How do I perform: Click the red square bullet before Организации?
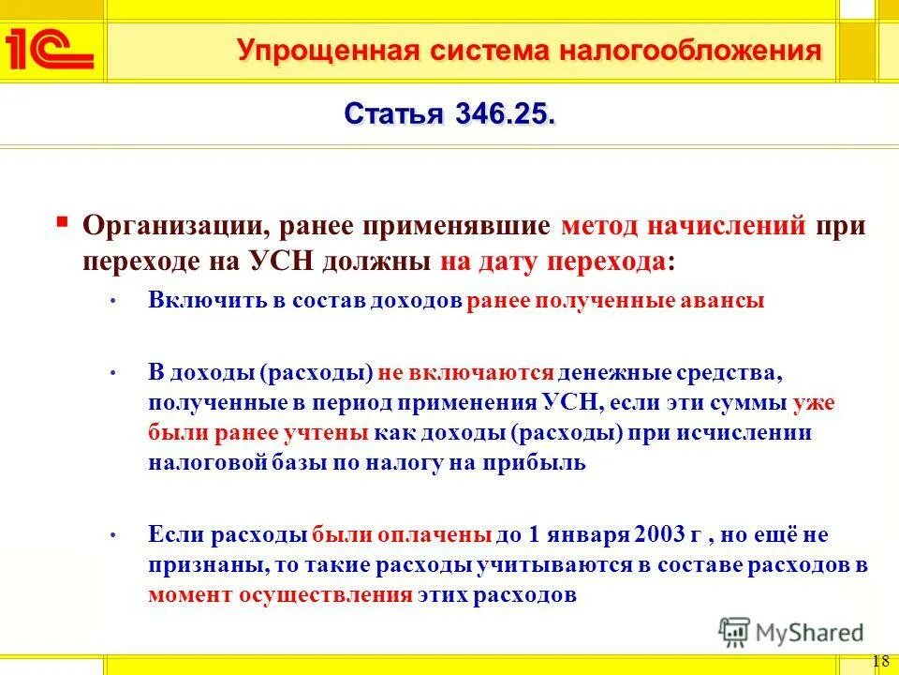[62, 222]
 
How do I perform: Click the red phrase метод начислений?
[684, 226]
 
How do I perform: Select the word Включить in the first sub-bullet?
[199, 301]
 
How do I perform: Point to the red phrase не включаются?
[466, 371]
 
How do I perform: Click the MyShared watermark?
[791, 633]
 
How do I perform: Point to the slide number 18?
[880, 660]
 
